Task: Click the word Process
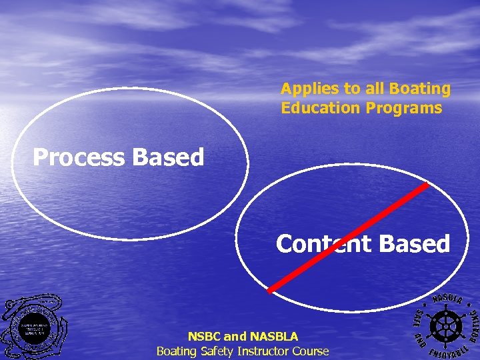79,158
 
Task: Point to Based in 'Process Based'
168,158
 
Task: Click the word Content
324,244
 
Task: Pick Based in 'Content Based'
415,244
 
